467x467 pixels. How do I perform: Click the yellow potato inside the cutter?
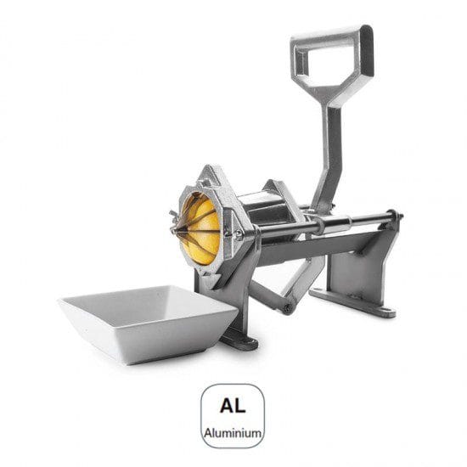200,229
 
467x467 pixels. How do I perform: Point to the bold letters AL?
233,405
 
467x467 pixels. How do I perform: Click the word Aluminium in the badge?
233,433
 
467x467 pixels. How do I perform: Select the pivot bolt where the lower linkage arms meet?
288,307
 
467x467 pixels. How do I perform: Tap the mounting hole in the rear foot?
386,311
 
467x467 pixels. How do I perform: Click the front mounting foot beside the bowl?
239,342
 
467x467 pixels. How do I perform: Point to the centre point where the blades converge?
177,229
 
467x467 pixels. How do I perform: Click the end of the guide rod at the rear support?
398,215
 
